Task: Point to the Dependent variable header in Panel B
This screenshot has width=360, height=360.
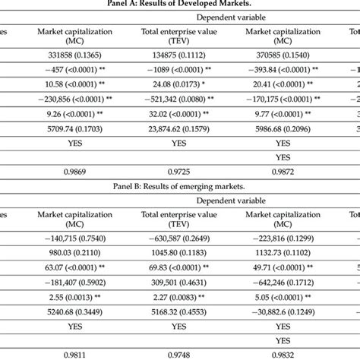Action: pyautogui.click(x=231, y=201)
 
